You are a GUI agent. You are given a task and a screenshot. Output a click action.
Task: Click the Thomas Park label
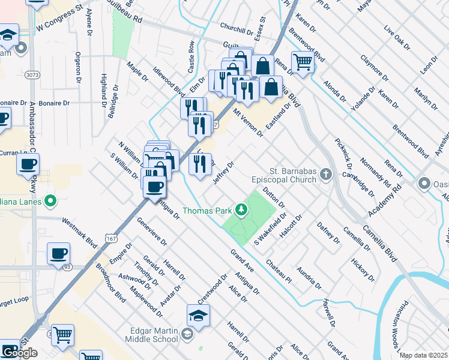[x=206, y=211]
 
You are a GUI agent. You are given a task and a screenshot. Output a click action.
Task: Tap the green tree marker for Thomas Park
[x=241, y=209]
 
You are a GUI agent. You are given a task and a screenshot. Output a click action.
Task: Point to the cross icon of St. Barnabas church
[x=326, y=175]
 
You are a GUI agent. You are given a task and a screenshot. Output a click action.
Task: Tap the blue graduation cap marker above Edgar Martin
[x=199, y=314]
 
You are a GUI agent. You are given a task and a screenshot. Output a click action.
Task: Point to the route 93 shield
[x=65, y=266]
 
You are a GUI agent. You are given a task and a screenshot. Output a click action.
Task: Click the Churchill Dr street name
[x=237, y=29]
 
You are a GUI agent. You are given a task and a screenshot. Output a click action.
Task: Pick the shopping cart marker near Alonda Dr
[x=303, y=61]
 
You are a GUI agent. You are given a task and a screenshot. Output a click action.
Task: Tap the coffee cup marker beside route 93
[x=58, y=254]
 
